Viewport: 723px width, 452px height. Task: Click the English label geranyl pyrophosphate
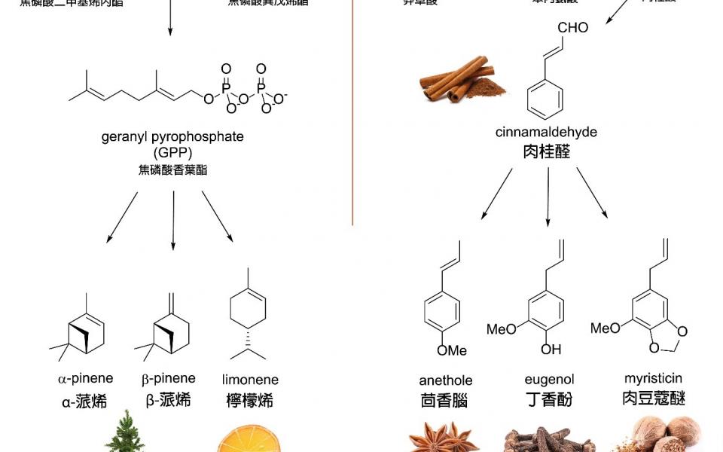tap(172, 137)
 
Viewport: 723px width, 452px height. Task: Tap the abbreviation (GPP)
tap(172, 153)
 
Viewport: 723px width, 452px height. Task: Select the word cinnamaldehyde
tap(546, 133)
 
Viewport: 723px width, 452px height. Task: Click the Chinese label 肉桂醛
tap(546, 152)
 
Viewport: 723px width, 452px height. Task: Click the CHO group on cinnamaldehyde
tap(573, 28)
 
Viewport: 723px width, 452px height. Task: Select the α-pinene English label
tap(85, 378)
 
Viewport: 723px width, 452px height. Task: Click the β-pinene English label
tap(169, 378)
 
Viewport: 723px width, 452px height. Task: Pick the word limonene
tap(250, 380)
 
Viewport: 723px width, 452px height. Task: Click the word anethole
tap(446, 380)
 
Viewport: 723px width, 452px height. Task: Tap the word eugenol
tap(549, 380)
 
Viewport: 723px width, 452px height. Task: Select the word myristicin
tap(653, 378)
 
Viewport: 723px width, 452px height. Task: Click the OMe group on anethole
tap(452, 350)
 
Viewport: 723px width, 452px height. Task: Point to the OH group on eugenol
tap(551, 350)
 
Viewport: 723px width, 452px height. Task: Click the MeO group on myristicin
tap(606, 328)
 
